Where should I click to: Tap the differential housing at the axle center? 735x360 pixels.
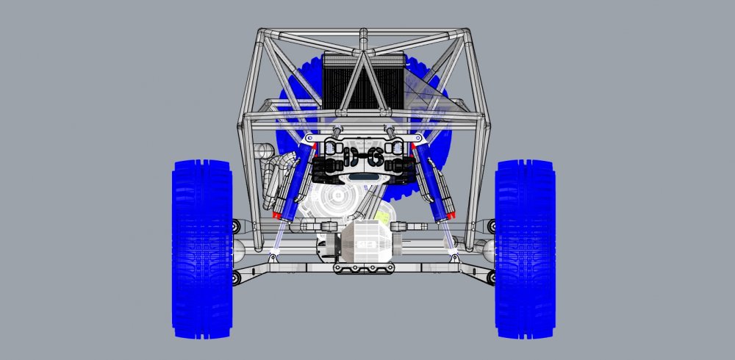364,242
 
